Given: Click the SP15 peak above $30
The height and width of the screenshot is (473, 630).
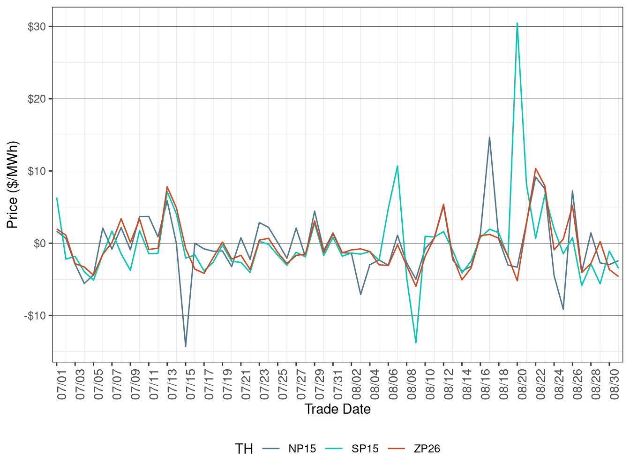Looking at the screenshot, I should [x=517, y=23].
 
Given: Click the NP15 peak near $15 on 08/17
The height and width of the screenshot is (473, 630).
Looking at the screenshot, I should [x=489, y=137].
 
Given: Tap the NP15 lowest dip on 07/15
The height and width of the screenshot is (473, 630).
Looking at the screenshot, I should [x=186, y=346].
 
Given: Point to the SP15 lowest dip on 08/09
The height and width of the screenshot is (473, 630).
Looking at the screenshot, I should [x=416, y=343].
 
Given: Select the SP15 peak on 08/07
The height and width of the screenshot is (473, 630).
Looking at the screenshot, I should [x=397, y=166].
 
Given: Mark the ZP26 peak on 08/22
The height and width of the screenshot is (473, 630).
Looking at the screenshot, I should [x=535, y=168].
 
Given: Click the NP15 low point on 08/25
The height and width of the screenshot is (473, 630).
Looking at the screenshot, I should [x=563, y=309].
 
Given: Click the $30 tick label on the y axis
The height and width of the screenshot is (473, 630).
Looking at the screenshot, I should [x=37, y=27].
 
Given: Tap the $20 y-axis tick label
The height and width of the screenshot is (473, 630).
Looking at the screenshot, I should [x=37, y=99].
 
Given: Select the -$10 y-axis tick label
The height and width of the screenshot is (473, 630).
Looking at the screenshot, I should [x=35, y=315].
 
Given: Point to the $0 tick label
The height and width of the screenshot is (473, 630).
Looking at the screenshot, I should [x=40, y=243].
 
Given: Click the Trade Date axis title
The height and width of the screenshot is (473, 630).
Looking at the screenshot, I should [x=337, y=409].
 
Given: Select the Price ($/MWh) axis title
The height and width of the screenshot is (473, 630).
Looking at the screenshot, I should [x=13, y=185].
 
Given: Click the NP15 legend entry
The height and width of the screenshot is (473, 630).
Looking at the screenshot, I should [x=302, y=449].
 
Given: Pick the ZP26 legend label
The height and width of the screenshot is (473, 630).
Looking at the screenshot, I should [x=427, y=449].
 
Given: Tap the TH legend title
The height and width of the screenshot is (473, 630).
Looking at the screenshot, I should [x=244, y=449].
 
